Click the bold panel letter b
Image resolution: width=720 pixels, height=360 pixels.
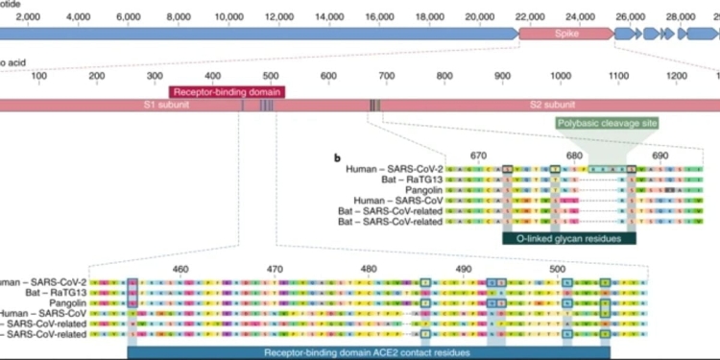click(x=336, y=156)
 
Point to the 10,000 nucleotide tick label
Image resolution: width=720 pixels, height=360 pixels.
click(x=228, y=17)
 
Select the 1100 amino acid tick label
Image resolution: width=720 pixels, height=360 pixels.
click(x=618, y=77)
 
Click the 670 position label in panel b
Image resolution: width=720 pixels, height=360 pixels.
click(x=479, y=156)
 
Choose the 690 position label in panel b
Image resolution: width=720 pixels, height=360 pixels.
click(x=660, y=156)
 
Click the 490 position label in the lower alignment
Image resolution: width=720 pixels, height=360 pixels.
click(x=464, y=269)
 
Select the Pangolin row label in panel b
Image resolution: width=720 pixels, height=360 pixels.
click(x=420, y=190)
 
